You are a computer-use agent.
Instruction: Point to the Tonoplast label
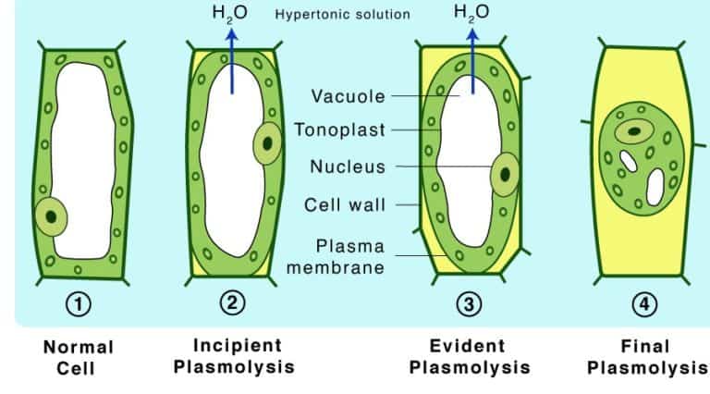coord(339,130)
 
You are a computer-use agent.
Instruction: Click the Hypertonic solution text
coord(342,15)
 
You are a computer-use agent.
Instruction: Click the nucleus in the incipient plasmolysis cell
coord(267,143)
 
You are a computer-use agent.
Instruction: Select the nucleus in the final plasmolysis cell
coord(634,131)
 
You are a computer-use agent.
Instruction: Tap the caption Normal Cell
coord(79,358)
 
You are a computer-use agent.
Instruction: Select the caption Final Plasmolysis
coord(645,357)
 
